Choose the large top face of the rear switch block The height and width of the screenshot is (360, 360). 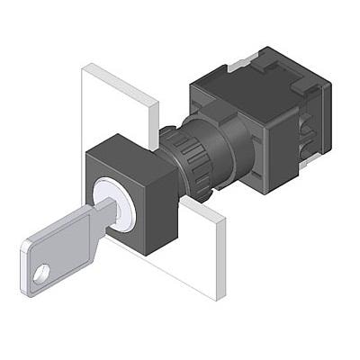pos(256,76)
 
